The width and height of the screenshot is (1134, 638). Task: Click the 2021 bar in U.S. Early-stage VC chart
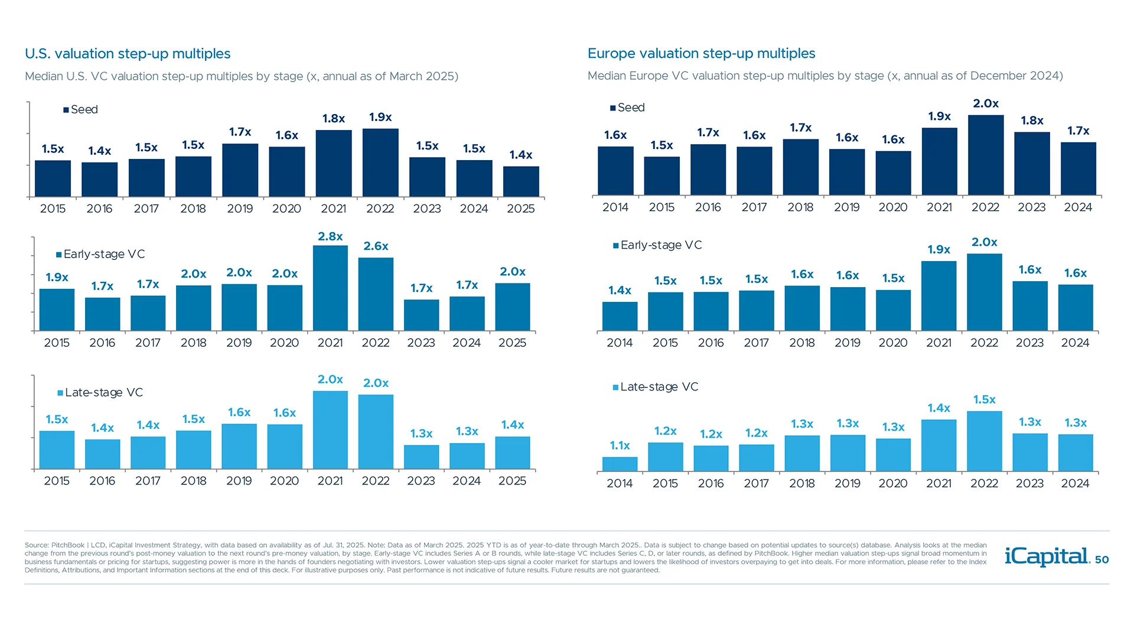[x=330, y=288]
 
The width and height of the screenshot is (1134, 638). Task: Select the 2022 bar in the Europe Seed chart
[x=986, y=155]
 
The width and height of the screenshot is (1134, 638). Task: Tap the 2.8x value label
[x=330, y=236]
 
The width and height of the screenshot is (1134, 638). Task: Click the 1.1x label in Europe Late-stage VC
[x=620, y=445]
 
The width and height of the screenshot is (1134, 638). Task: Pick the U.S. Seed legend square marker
[x=66, y=110]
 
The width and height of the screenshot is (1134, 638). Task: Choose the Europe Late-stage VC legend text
[x=659, y=387]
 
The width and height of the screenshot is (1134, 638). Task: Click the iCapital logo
[x=1047, y=556]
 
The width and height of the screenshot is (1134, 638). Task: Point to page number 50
[x=1102, y=559]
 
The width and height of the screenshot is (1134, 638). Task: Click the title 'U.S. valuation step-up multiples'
[x=128, y=54]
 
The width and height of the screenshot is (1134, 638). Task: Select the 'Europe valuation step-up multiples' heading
[x=701, y=54]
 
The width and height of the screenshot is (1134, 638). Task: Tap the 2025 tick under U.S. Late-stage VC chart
[x=512, y=481]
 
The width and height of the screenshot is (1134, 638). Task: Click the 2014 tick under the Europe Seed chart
[x=615, y=207]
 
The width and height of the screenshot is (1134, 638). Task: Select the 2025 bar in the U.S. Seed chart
[x=521, y=181]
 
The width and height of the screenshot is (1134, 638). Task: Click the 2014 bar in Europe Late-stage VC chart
[x=620, y=464]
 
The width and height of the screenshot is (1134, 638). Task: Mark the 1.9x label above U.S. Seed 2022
[x=380, y=117]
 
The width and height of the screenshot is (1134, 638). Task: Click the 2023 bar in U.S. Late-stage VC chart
[x=421, y=457]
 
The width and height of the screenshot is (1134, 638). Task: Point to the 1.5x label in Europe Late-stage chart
[x=984, y=400]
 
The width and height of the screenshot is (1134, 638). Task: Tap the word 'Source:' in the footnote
[x=36, y=545]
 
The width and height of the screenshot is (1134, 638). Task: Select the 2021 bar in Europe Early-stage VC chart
[x=939, y=296]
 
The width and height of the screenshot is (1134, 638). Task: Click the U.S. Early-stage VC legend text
[x=104, y=254]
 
